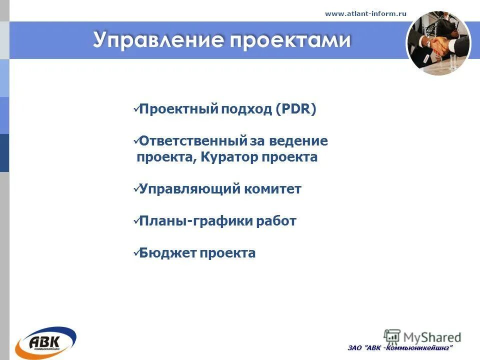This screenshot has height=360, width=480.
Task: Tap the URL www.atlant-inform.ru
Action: [x=365, y=13]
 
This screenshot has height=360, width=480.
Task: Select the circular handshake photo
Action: [x=438, y=43]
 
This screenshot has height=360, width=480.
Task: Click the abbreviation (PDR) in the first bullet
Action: [x=295, y=109]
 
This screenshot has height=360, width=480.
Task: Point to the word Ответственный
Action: [x=193, y=141]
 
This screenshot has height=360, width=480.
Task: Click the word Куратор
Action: [x=230, y=157]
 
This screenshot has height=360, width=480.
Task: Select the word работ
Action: [x=277, y=221]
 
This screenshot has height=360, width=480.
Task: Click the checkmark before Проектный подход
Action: [x=135, y=110]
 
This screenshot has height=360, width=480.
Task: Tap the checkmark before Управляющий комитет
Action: [x=135, y=189]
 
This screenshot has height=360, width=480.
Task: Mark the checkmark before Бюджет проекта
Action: [x=135, y=253]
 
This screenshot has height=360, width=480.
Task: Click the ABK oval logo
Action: [x=45, y=342]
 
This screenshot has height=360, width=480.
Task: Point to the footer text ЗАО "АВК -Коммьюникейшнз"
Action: [x=400, y=348]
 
